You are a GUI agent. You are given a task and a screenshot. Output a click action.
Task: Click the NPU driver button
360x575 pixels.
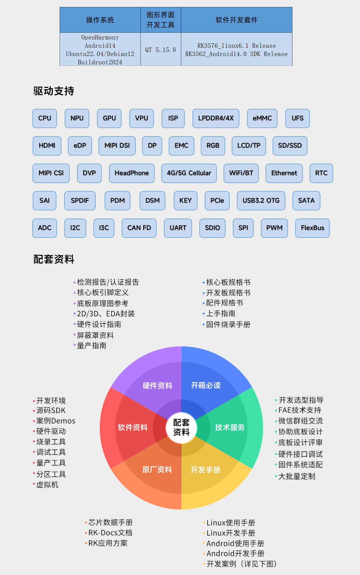click(x=77, y=118)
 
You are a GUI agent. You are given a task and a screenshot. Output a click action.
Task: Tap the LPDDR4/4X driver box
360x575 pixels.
click(x=216, y=118)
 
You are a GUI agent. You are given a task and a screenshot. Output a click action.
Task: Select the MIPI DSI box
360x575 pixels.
click(x=117, y=146)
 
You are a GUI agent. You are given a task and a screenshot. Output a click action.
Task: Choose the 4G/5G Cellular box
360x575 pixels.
click(x=189, y=173)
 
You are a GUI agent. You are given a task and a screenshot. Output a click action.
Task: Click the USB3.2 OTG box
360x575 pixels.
click(x=261, y=201)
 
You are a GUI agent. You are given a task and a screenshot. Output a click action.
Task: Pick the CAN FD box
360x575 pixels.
click(x=139, y=228)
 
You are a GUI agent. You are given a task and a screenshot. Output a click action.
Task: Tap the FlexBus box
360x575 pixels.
click(x=313, y=228)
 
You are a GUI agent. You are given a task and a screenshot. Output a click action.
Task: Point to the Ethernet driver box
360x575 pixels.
click(x=284, y=173)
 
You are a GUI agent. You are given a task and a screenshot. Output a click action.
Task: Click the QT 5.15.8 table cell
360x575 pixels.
click(x=161, y=50)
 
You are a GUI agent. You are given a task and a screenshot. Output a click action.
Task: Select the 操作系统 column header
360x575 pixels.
click(x=100, y=20)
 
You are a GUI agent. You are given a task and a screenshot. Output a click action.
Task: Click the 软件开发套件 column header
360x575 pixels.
click(x=237, y=20)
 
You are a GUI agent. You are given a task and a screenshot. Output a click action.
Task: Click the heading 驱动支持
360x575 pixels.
click(x=54, y=91)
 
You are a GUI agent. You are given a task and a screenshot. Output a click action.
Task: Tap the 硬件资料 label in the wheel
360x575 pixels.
click(x=157, y=386)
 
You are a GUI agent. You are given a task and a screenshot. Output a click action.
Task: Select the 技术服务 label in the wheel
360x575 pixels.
click(x=230, y=427)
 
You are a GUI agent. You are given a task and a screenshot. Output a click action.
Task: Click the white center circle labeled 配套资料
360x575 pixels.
click(x=181, y=427)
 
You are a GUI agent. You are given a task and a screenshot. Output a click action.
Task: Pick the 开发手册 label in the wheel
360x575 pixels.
click(x=205, y=470)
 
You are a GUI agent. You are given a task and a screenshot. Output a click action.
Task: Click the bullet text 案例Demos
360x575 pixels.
click(x=56, y=421)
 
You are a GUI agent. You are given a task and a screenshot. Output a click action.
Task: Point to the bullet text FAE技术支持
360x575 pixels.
click(x=300, y=410)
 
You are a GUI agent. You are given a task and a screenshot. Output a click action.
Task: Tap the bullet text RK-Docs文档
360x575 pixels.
click(x=110, y=533)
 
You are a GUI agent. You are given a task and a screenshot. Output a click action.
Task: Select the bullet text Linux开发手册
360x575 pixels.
click(x=231, y=533)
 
